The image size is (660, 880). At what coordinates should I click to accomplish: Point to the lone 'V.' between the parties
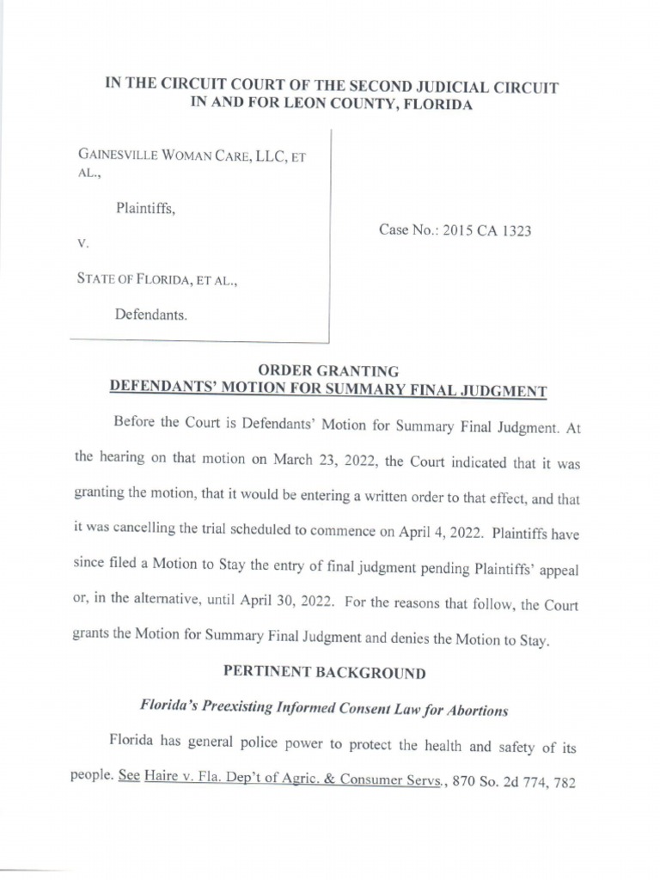point(83,244)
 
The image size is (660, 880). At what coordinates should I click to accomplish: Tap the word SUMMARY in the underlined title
point(377,390)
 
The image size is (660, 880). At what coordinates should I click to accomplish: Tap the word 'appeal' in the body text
point(559,567)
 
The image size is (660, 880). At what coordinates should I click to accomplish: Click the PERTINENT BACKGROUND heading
point(324,673)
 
